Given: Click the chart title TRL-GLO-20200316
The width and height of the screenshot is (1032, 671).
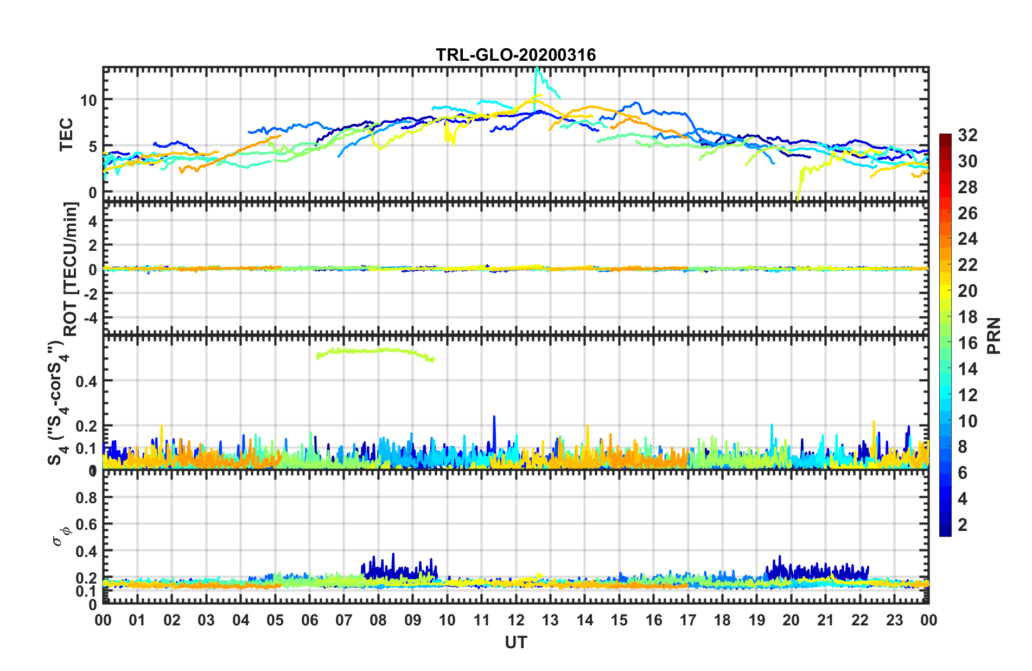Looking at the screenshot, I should (515, 55).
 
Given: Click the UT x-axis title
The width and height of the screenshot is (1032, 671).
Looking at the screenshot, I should (515, 643).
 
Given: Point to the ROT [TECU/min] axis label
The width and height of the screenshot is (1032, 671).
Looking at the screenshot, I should (71, 269).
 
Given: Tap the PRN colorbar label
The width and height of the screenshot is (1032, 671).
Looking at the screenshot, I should (993, 335).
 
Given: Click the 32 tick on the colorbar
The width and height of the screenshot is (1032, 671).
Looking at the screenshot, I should (967, 135).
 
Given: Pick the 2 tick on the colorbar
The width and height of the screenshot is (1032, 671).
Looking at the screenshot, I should (963, 524).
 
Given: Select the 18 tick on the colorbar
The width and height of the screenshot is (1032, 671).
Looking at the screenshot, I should (967, 317).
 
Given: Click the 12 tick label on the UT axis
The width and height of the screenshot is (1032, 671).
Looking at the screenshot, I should (516, 620).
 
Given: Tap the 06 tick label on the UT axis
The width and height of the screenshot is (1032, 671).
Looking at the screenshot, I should (309, 620).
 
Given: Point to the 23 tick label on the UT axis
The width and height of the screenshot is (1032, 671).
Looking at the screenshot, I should (894, 620).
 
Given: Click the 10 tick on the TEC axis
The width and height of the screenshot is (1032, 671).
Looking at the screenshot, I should (88, 100).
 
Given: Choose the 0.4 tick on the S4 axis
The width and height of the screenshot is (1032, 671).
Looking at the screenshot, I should (86, 382).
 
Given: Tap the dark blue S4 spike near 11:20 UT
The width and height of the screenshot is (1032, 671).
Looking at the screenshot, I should (494, 417).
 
